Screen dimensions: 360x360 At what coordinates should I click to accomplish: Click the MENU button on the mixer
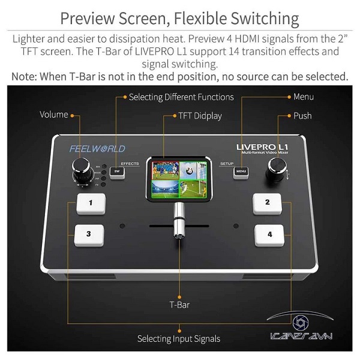[x=241, y=172]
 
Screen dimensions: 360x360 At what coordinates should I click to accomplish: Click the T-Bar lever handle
[x=178, y=225]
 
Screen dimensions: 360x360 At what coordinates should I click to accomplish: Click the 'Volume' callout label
[x=54, y=115]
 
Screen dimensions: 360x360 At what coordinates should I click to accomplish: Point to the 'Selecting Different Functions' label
[x=181, y=97]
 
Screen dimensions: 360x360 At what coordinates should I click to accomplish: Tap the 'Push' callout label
[x=302, y=115]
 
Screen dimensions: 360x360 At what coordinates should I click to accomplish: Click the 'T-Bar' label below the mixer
[x=179, y=304]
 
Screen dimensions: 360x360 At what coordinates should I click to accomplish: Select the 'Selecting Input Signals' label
[x=178, y=338]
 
